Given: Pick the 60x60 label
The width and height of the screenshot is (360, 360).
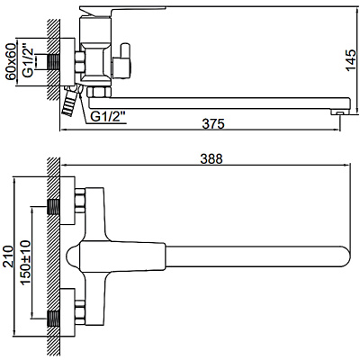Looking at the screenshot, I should click(x=10, y=64).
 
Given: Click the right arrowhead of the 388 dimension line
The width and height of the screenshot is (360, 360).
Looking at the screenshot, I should click(x=346, y=167).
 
